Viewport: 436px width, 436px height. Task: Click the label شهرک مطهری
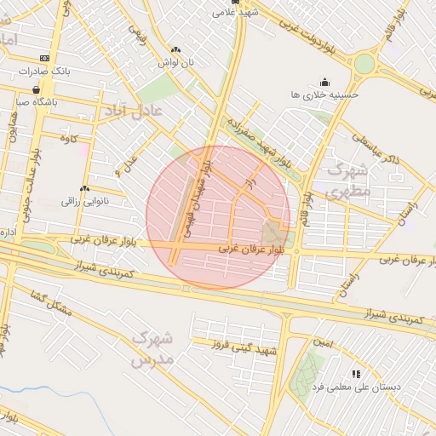coord(348,179)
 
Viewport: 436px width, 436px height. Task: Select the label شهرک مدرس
coord(152,349)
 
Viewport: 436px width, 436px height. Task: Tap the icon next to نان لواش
coord(175,50)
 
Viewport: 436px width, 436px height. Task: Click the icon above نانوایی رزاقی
coord(84,189)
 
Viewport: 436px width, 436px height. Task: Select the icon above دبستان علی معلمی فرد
coord(356,374)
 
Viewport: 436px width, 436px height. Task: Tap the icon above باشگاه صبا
coord(36,89)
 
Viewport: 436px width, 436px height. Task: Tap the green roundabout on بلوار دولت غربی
coord(364,64)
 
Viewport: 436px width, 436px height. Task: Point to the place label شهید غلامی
coord(236,13)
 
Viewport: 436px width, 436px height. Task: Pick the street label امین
coord(323,342)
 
